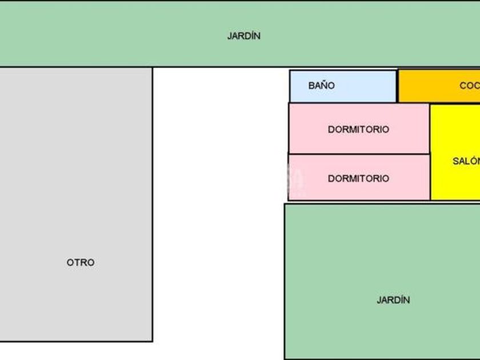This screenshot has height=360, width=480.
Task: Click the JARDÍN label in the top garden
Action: coord(244,36)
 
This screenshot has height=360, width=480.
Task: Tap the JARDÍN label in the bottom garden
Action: coord(393,300)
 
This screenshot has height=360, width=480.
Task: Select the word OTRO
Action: coord(81,263)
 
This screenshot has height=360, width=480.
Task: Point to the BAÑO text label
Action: coord(321,86)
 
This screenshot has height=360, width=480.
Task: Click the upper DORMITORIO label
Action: coord(358,130)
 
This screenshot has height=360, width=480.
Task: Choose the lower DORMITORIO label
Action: coord(358,179)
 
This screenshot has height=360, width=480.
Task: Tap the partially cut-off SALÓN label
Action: coord(466,161)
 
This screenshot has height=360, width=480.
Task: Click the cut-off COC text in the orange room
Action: coord(469,86)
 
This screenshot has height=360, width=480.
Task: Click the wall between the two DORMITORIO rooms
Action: coord(358,154)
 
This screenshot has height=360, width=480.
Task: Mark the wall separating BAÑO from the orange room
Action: coord(397,86)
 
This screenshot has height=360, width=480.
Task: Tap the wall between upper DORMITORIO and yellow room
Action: coord(430,129)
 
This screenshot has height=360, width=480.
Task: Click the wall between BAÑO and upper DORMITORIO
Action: coord(343,103)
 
